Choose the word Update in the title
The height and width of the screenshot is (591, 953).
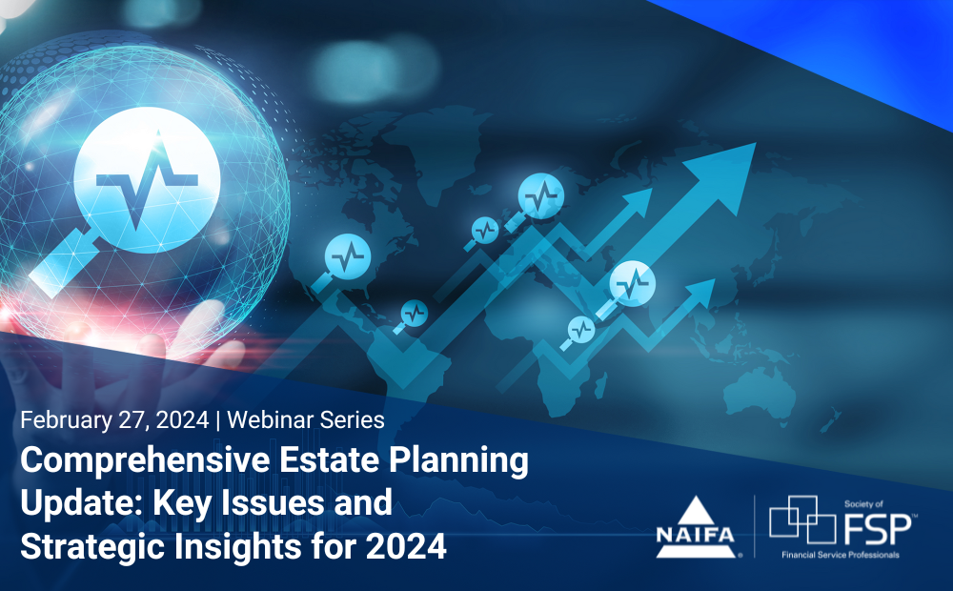click(x=73, y=504)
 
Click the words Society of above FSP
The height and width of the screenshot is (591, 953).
click(x=865, y=500)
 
